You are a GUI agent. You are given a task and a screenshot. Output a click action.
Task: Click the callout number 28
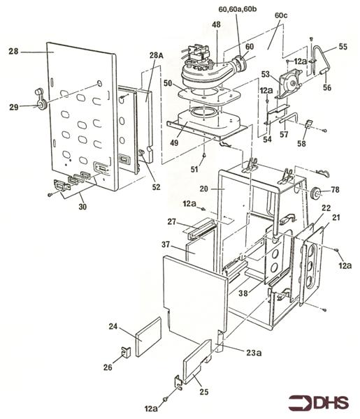pyautogui.click(x=13, y=50)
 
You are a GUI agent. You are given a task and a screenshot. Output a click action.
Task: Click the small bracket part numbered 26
pyautogui.click(x=127, y=352)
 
